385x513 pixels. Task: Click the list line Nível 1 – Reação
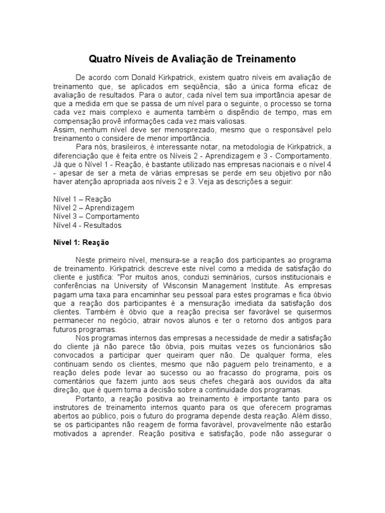point(82,199)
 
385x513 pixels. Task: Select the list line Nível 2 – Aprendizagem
point(94,208)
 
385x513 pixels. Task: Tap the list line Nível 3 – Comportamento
point(96,217)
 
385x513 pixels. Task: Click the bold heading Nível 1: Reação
point(81,242)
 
